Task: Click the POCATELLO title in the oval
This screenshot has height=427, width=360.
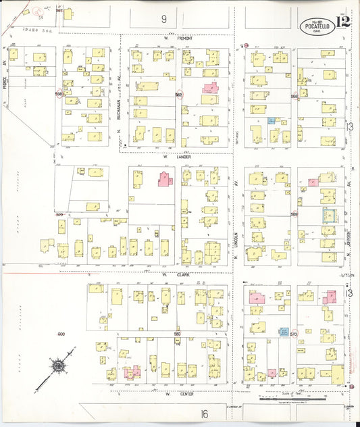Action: click(x=317, y=28)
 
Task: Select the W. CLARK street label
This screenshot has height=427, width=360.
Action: click(x=174, y=274)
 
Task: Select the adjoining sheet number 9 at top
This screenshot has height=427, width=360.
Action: click(x=163, y=17)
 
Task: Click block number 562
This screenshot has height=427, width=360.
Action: click(x=179, y=95)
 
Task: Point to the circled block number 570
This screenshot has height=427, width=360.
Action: click(x=293, y=333)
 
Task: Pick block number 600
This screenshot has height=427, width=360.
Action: click(x=61, y=334)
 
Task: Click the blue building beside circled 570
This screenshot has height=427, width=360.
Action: click(x=284, y=332)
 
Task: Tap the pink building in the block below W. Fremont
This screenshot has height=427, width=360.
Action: click(x=209, y=89)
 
